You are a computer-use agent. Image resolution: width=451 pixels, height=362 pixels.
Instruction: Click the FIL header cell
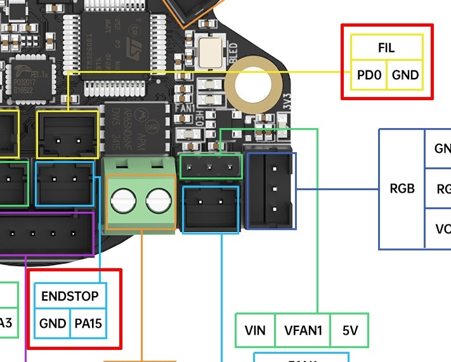[387, 48]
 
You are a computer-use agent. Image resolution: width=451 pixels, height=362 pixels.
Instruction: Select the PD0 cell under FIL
[369, 75]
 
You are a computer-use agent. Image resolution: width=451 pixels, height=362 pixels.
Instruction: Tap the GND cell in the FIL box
[405, 75]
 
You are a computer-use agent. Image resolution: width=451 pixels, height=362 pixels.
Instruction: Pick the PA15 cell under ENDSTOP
[88, 323]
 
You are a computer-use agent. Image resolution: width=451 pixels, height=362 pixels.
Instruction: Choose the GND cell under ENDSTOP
[52, 323]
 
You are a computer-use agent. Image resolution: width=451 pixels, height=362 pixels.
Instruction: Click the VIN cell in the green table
[255, 330]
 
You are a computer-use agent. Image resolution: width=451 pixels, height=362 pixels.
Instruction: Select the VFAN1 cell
[303, 330]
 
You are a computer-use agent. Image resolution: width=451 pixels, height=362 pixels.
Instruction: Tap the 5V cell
[350, 330]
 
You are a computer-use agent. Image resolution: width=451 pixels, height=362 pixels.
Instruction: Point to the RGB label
[402, 188]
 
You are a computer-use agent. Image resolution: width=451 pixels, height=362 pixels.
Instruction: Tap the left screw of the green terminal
[122, 202]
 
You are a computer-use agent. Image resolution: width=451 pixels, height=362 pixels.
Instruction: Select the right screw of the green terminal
[158, 202]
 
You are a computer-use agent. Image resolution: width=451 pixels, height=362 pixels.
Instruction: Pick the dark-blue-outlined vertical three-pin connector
[271, 190]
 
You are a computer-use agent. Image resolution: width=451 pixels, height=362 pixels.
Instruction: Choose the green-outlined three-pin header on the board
[211, 166]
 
